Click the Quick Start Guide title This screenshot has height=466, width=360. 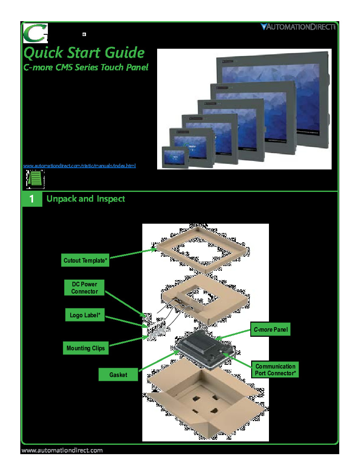(84, 53)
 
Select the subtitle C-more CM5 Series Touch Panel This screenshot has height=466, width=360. (86, 67)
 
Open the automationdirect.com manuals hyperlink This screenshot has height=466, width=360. (79, 166)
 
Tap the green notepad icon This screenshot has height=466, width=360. (35, 179)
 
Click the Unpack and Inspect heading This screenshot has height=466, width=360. (86, 199)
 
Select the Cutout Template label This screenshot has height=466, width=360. (86, 261)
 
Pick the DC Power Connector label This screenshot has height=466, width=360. (84, 288)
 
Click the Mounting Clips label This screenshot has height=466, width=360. (86, 348)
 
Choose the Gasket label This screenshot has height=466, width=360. (118, 374)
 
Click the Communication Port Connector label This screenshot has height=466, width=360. (275, 369)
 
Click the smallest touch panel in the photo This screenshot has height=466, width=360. (175, 157)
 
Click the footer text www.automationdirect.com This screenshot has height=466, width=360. (62, 450)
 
